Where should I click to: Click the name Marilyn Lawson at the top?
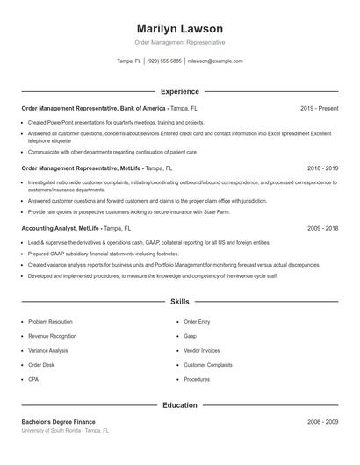(x=180, y=28)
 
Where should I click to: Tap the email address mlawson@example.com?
(x=216, y=61)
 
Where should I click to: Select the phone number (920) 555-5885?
(x=165, y=61)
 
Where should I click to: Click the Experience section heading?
(x=180, y=91)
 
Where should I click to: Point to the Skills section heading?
(x=180, y=301)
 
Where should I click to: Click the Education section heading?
(x=180, y=405)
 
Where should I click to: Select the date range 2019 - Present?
(x=319, y=108)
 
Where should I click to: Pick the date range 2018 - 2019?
(x=322, y=167)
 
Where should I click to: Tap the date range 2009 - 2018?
(x=322, y=228)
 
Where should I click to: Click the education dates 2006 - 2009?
(x=322, y=422)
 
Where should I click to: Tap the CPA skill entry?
(x=34, y=379)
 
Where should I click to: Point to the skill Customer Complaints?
(x=208, y=364)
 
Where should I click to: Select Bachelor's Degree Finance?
(x=58, y=422)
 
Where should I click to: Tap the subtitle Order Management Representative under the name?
(x=180, y=42)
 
